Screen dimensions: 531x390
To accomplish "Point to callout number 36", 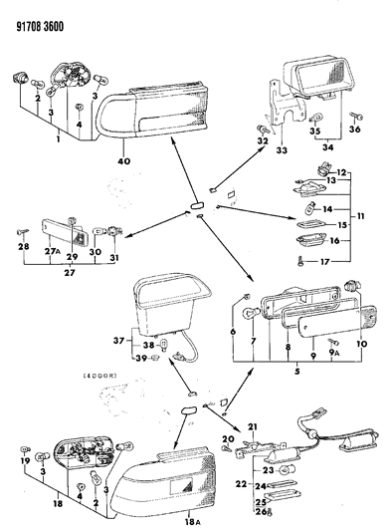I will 356,129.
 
